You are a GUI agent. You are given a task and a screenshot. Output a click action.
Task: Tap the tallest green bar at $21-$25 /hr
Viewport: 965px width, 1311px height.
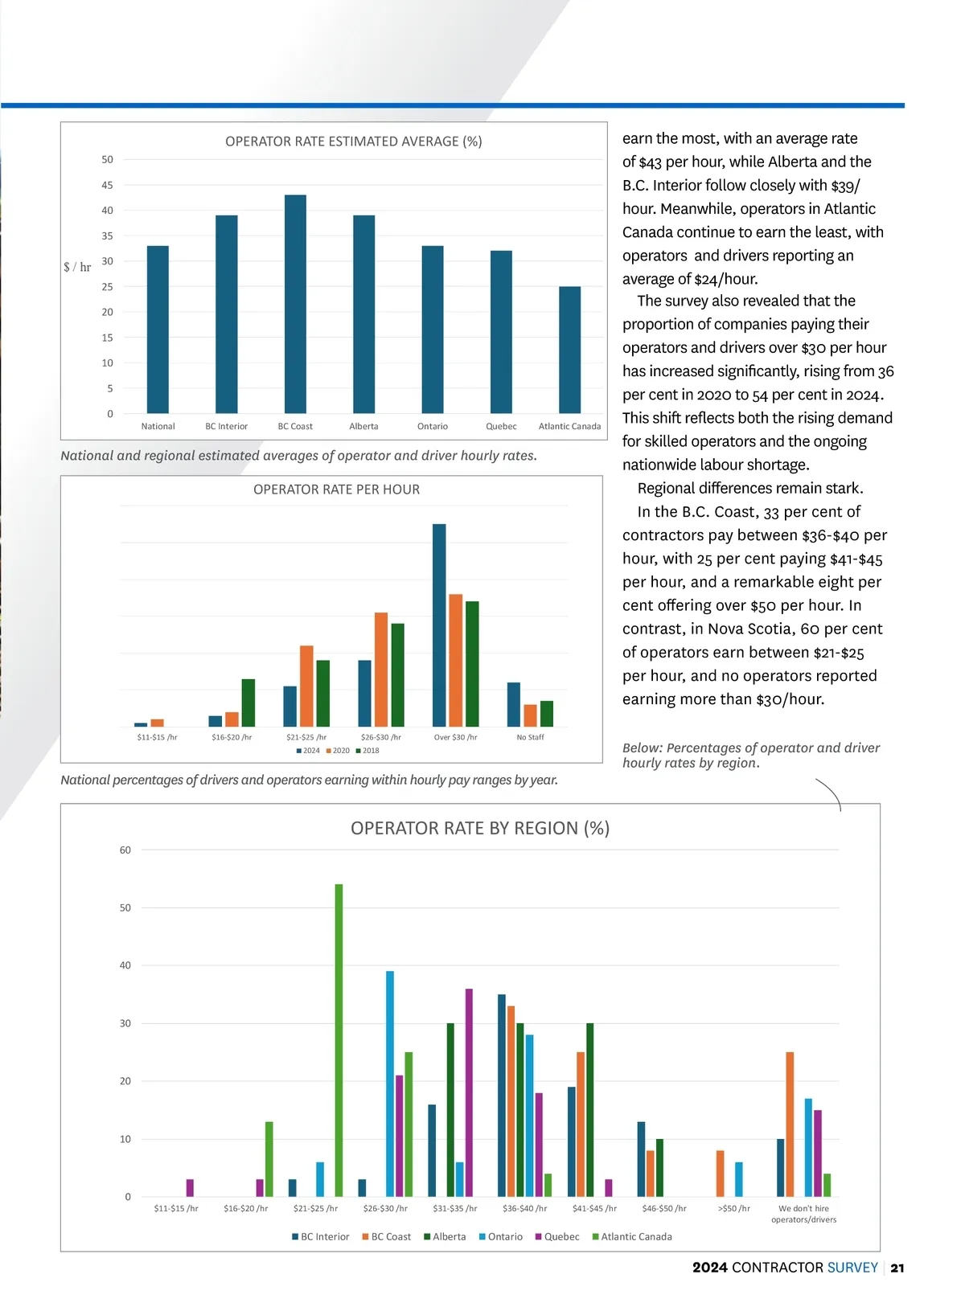[339, 1040]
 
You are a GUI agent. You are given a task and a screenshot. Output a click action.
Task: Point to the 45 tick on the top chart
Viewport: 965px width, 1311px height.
[107, 185]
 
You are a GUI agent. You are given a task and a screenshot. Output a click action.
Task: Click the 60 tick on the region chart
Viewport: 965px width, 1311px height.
[125, 850]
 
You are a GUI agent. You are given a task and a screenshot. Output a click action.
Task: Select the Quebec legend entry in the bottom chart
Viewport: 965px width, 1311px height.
[557, 1237]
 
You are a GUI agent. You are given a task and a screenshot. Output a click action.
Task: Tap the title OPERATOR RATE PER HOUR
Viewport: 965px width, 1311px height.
[336, 490]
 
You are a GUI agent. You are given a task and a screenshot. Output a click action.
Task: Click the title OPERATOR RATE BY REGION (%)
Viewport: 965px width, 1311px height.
[480, 828]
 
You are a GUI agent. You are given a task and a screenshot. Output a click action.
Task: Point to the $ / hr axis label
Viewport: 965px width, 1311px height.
[77, 267]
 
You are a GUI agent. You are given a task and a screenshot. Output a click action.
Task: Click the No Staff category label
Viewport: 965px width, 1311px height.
[530, 737]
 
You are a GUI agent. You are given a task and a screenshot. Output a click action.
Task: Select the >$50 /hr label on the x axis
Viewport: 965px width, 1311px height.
[733, 1208]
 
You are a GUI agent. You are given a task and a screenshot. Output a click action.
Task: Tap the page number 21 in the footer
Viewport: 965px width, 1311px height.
[897, 1268]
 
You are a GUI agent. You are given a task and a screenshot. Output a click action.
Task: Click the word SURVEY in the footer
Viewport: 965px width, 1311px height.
[852, 1268]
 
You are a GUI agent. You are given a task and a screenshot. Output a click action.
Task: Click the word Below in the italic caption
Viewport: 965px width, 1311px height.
[642, 748]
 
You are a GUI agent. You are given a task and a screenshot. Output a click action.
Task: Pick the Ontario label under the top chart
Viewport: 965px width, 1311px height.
[433, 426]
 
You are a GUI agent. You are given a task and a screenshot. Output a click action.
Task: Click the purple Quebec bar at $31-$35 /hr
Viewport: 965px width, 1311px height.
[469, 1092]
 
